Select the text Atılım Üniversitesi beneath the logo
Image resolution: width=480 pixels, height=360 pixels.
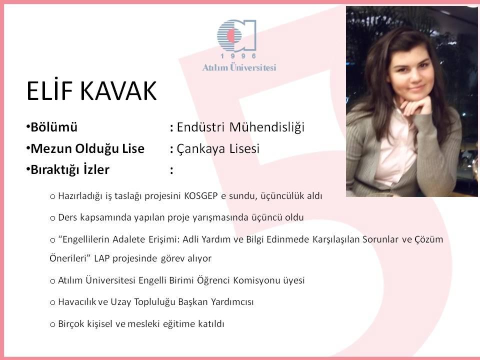[x=239, y=67]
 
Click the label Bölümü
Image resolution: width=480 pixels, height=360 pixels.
[x=54, y=127]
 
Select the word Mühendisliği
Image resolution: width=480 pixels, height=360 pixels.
[x=266, y=127]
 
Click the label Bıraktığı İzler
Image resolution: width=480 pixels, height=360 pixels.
[x=70, y=170]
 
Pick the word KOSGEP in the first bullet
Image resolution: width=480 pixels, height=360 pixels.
[x=201, y=196]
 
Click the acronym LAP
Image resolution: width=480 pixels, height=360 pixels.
[x=101, y=258]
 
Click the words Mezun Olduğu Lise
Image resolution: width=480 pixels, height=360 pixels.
[x=87, y=149]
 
